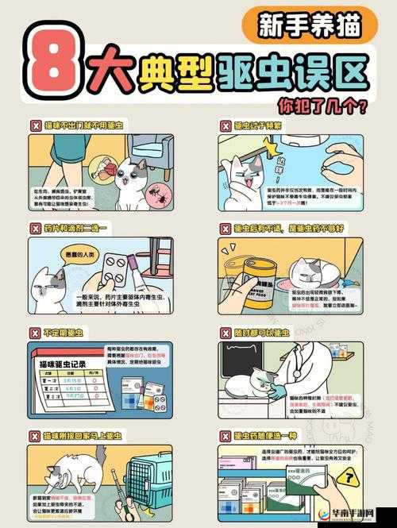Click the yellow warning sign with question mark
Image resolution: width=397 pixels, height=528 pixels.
coord(347,476)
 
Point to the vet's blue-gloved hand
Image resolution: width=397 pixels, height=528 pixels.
coord(275,389)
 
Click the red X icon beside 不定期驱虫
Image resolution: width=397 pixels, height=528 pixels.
coord(35,333)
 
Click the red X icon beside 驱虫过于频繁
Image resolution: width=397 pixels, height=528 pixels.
coord(225,125)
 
